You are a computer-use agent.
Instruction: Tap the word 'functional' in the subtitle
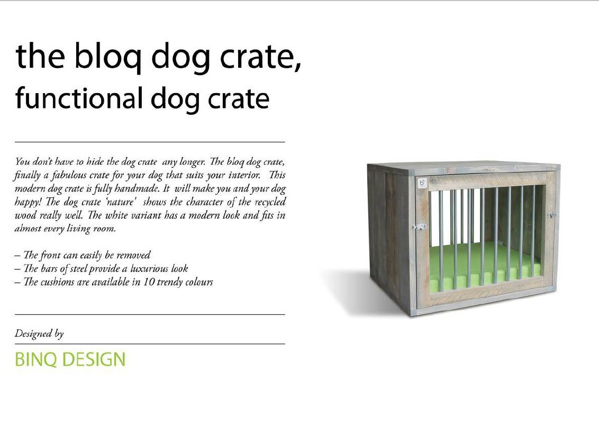(x=79, y=98)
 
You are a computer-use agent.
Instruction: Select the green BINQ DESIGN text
(x=70, y=359)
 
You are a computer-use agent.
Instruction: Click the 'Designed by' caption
(x=39, y=333)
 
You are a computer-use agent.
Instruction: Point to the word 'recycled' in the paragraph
(x=270, y=202)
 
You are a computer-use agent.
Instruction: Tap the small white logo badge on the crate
(x=422, y=183)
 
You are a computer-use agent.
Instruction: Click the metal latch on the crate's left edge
(x=419, y=227)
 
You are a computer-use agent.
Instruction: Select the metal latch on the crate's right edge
(x=551, y=215)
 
